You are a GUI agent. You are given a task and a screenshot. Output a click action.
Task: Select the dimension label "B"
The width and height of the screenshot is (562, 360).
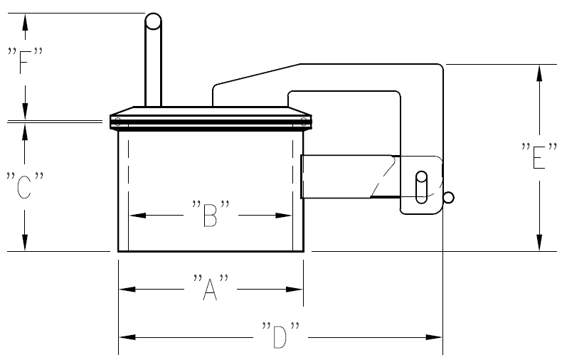pyautogui.click(x=210, y=215)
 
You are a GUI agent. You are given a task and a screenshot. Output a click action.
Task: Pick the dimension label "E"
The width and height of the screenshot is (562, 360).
pyautogui.click(x=539, y=157)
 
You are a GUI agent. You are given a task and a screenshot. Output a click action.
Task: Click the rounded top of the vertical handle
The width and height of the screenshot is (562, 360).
pyautogui.click(x=153, y=21)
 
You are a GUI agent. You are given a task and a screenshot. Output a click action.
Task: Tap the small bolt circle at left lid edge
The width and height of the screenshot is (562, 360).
pyautogui.click(x=117, y=122)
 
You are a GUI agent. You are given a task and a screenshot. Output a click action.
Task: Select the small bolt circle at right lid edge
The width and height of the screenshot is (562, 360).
pyautogui.click(x=304, y=122)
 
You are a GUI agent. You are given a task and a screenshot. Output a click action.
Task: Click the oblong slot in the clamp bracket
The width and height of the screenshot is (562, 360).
pyautogui.click(x=421, y=185)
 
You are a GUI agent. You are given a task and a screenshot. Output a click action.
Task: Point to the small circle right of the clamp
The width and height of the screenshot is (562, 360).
pyautogui.click(x=448, y=198)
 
